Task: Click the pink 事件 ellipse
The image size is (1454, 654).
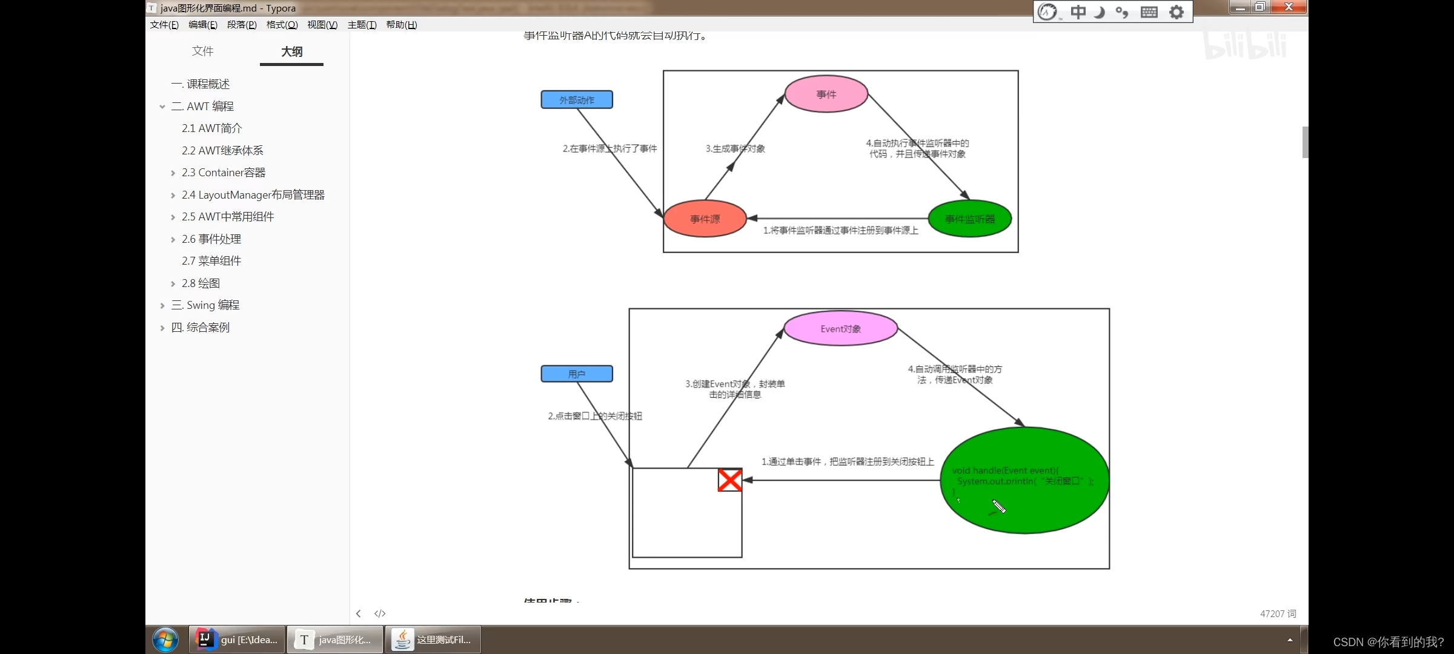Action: tap(826, 94)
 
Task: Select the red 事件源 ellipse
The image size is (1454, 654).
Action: tap(705, 219)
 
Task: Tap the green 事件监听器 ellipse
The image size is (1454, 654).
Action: tap(969, 219)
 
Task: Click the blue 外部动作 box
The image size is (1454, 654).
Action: tap(577, 100)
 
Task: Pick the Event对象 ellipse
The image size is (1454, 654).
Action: tap(840, 329)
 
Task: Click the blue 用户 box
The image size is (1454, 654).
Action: tap(577, 374)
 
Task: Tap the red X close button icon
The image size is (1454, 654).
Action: tap(730, 480)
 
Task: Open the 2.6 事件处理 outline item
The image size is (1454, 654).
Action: tap(211, 239)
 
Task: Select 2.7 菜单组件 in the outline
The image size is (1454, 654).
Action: tap(211, 261)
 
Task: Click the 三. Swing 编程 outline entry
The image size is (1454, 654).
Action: tap(205, 305)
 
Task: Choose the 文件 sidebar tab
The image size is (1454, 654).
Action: tap(202, 51)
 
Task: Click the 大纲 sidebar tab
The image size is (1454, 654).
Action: tap(291, 51)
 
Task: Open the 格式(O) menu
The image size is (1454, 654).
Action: tap(282, 25)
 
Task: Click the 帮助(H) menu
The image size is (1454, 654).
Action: tap(401, 25)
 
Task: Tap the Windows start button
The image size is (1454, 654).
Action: tap(165, 639)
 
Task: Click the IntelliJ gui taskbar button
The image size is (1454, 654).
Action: tap(237, 639)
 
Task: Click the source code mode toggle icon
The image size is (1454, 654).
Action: tap(380, 613)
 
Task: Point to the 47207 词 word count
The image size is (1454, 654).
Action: tap(1278, 613)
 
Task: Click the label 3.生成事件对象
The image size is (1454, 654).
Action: tap(735, 149)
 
